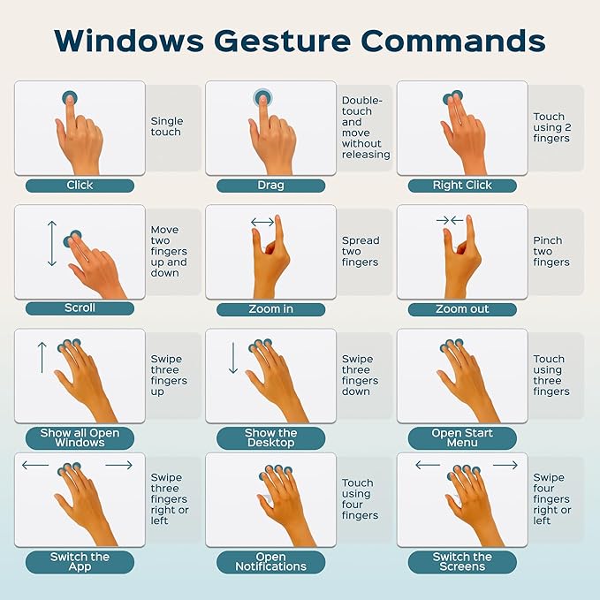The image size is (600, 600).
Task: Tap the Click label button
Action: click(80, 186)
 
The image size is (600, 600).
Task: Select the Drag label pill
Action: click(271, 186)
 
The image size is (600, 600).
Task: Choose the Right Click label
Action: click(462, 186)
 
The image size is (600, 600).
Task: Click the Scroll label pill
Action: click(80, 308)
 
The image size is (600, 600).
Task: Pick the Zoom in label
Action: click(271, 309)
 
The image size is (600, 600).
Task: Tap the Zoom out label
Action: click(462, 309)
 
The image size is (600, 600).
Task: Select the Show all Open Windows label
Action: click(80, 438)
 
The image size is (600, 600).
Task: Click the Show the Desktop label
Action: click(271, 438)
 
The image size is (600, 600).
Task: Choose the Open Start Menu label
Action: click(462, 438)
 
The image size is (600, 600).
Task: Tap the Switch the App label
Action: click(80, 562)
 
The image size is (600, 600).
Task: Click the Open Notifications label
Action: click(271, 562)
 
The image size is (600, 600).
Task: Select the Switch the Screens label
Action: click(462, 562)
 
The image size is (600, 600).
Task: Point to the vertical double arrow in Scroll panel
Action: click(52, 243)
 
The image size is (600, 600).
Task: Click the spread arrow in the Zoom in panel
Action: click(262, 222)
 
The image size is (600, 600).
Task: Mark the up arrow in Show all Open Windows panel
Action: click(42, 357)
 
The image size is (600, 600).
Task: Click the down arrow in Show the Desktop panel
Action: click(233, 357)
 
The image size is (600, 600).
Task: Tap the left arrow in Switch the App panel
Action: click(35, 466)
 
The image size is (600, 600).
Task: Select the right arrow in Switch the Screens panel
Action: click(505, 466)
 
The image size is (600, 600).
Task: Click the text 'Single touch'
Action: click(167, 126)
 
